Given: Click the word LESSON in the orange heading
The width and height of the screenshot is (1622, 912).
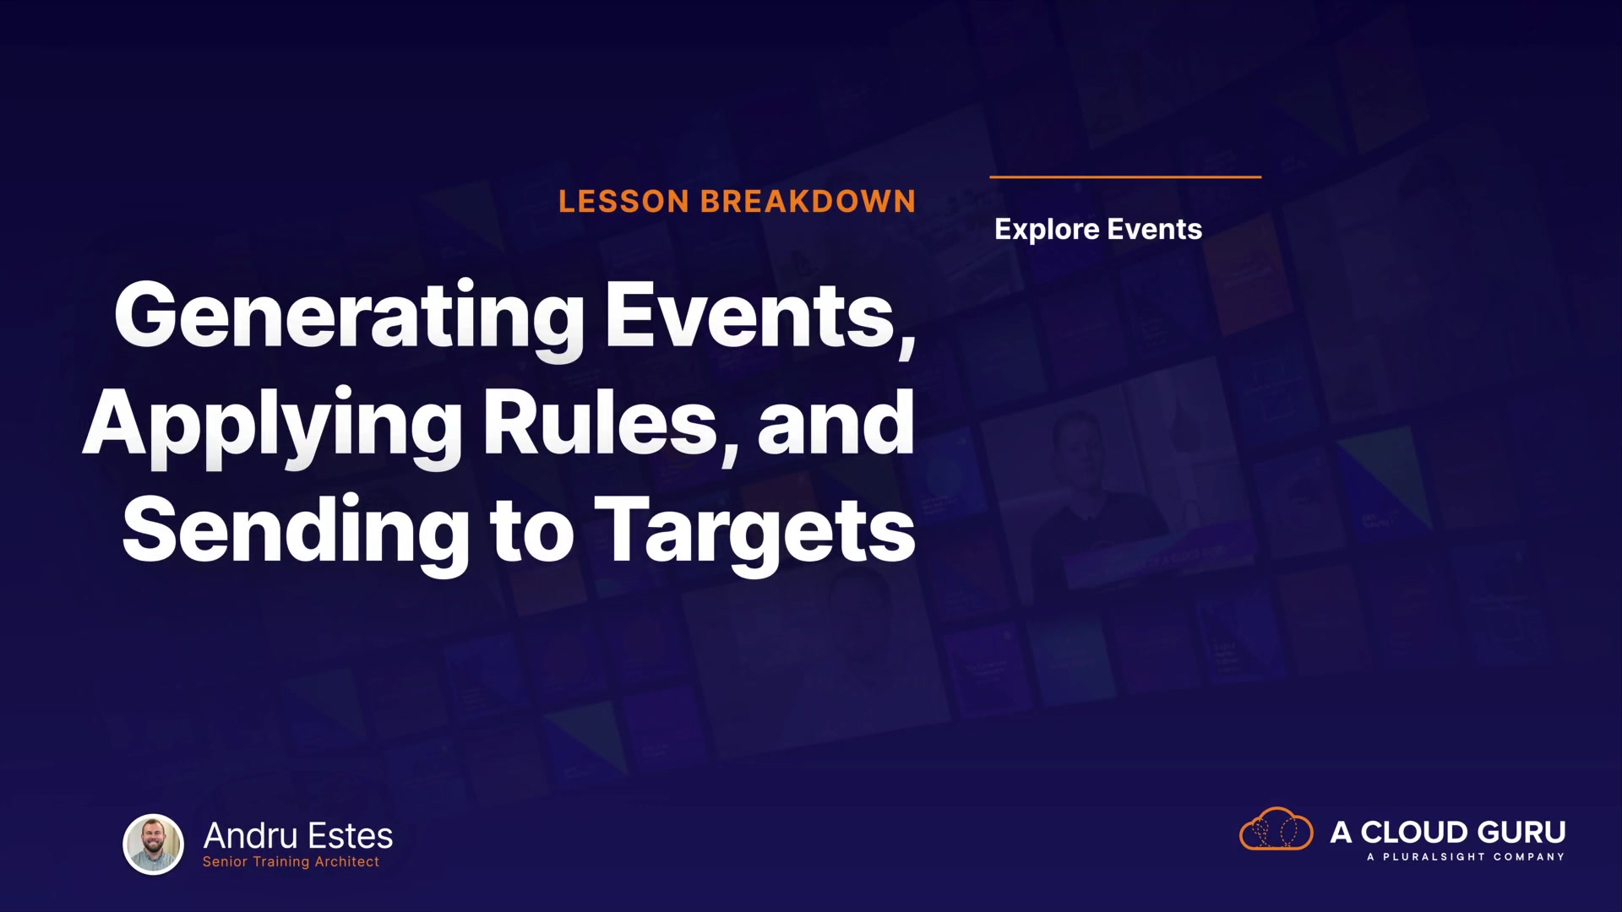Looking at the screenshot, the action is [623, 202].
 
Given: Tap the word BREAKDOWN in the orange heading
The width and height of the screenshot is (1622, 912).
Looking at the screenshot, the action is [808, 202].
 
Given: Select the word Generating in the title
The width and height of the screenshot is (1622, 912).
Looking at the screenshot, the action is [349, 319].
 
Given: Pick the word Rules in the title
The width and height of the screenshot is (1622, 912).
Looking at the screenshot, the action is [609, 422].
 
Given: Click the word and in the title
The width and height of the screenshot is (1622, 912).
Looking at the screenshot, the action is [835, 422].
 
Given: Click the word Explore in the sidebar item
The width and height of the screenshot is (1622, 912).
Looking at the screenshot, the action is [1047, 230].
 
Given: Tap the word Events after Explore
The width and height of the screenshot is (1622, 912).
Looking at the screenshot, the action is [1155, 229].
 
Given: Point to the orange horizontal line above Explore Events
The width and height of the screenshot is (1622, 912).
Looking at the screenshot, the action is [1125, 177].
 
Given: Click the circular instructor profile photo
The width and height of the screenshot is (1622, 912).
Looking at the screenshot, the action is [154, 844].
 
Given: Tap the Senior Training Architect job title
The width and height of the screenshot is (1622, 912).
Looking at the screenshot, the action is [291, 862].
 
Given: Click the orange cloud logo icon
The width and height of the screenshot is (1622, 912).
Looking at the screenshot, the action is [1276, 829].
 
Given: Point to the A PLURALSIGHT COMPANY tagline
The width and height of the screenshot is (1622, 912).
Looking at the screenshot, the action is [1466, 857].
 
